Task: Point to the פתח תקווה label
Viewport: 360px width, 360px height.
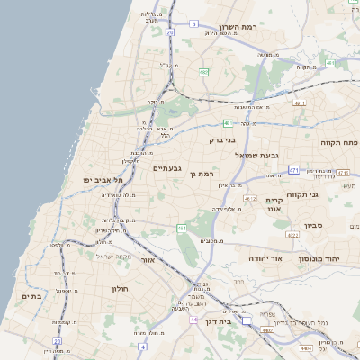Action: [338, 142]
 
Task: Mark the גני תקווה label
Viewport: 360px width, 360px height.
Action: [304, 194]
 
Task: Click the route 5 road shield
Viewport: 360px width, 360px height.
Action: [193, 24]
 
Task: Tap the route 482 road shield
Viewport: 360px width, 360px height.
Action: [204, 71]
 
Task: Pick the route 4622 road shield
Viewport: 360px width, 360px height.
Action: [292, 234]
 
